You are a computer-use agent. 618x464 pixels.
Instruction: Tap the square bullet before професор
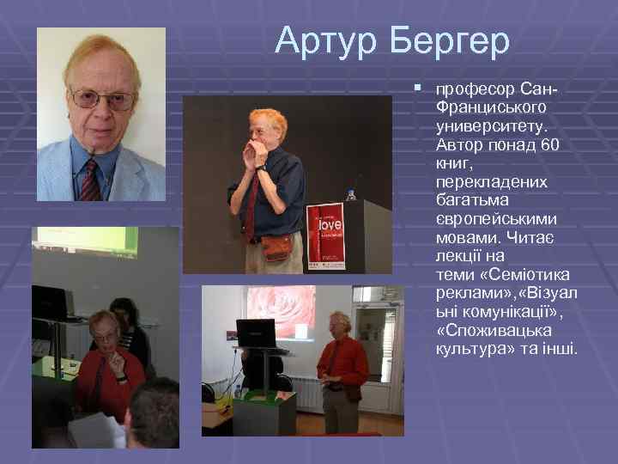417,88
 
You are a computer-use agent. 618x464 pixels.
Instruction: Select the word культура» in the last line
470,350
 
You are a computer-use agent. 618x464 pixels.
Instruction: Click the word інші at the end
559,350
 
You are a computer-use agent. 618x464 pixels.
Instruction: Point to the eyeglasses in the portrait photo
101,99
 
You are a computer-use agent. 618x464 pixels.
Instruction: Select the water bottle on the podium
351,196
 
